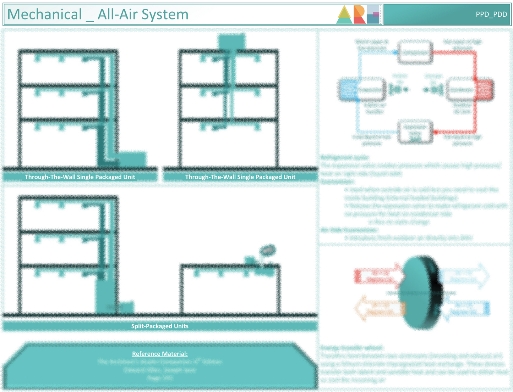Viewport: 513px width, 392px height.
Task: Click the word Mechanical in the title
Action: click(x=44, y=15)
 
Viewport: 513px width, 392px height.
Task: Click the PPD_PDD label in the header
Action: click(x=491, y=15)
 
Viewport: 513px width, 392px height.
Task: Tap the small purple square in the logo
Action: click(x=376, y=15)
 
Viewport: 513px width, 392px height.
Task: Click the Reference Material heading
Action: click(x=160, y=354)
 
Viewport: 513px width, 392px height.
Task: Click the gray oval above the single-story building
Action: click(x=268, y=250)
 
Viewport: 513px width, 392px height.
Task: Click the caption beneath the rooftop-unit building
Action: click(x=240, y=177)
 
